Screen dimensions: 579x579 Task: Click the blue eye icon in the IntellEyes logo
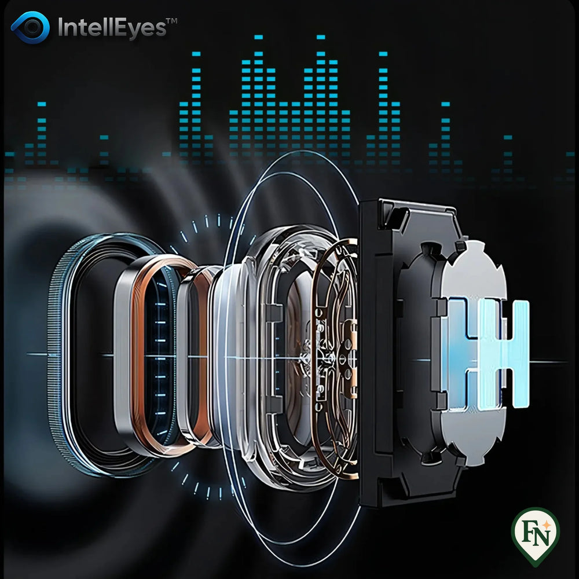coord(30,27)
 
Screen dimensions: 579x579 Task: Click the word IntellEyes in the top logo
coord(112,28)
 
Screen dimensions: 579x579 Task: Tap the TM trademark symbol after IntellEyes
coord(172,21)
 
